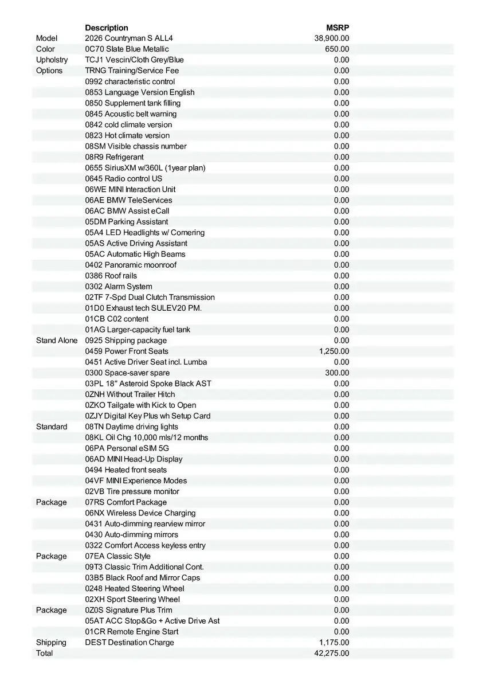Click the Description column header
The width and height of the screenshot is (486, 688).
(x=107, y=28)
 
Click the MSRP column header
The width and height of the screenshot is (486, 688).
(x=338, y=28)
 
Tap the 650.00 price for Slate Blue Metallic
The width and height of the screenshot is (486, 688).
(x=337, y=49)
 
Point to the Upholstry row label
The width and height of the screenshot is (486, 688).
(x=52, y=60)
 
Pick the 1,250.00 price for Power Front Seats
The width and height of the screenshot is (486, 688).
(x=334, y=351)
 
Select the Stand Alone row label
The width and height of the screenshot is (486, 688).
(x=56, y=341)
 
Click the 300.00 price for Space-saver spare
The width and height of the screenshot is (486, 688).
(x=337, y=373)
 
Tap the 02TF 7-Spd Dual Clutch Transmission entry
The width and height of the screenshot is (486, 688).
(x=150, y=297)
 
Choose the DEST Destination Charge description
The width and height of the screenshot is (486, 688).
(x=130, y=642)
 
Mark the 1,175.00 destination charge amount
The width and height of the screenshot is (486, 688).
(x=334, y=642)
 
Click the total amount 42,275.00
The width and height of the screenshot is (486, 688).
(x=332, y=653)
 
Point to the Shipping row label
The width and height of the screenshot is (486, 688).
(x=51, y=642)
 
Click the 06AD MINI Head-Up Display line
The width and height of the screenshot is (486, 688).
(x=134, y=459)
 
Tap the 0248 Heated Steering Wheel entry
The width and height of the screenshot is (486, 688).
(x=135, y=588)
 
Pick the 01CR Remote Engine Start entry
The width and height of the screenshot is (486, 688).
(x=131, y=631)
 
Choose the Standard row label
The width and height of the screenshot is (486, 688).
(x=52, y=427)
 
